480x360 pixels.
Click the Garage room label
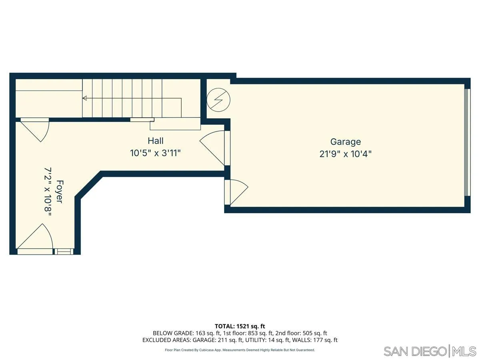click(x=345, y=142)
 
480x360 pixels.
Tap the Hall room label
click(x=156, y=141)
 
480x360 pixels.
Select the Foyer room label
click(x=59, y=192)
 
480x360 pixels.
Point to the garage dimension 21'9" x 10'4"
click(x=345, y=154)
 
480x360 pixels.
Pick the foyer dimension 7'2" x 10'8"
click(x=48, y=193)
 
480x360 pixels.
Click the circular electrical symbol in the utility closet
click(x=218, y=99)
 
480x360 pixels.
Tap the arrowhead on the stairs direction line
click(x=85, y=98)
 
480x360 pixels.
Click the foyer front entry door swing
click(x=38, y=238)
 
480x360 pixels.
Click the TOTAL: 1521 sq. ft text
click(x=240, y=326)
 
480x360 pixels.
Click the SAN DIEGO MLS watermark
click(x=430, y=351)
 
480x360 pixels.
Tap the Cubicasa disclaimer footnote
click(x=240, y=350)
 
